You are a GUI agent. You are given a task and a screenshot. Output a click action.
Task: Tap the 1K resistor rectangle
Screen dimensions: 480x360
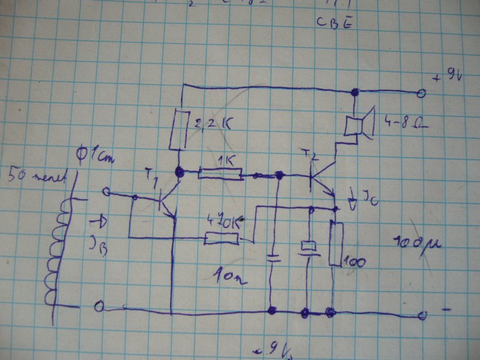(220, 174)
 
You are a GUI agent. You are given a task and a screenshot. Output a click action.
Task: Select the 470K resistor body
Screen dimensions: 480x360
(221, 239)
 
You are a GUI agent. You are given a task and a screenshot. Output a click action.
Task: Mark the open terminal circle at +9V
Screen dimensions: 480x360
(421, 93)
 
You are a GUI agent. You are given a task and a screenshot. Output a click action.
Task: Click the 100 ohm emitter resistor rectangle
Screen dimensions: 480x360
(335, 243)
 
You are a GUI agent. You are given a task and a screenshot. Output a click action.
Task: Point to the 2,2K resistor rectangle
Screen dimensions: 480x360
(177, 130)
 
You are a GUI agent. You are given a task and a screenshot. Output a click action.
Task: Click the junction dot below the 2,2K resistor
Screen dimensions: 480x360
(178, 172)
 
